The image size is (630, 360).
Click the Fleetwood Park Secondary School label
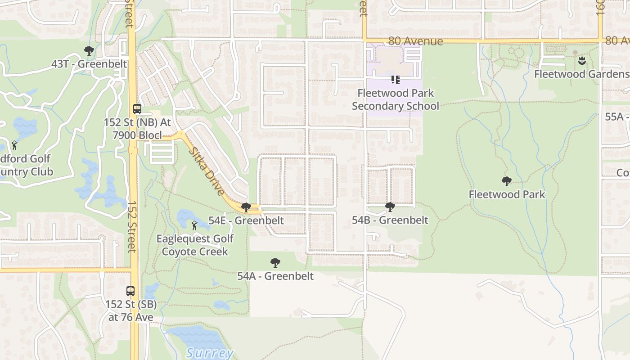pos(396,99)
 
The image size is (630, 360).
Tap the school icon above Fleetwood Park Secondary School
pos(396,80)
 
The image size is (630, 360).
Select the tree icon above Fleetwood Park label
pos(507,181)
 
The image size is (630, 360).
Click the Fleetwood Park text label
pos(507,194)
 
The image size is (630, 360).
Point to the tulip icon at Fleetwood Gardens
pos(581,60)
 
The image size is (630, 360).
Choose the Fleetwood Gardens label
pos(581,74)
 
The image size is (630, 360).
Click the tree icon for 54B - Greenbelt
pos(390,207)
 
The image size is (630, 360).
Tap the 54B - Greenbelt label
pos(390,220)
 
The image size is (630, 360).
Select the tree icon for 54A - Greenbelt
pos(275,263)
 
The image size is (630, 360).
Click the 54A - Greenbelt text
pos(275,276)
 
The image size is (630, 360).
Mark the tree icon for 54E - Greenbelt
pos(246,207)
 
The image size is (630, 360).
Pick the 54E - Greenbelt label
pos(246,220)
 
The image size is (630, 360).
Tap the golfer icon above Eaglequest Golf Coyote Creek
pos(194,225)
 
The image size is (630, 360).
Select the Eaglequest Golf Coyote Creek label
pos(195,245)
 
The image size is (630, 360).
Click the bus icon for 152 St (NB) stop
pos(137,109)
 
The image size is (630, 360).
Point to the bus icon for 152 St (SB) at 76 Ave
pos(130,291)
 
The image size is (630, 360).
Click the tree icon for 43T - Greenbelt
pos(89,51)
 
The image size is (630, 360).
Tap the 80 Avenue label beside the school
pos(415,41)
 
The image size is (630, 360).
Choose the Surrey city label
pos(210,353)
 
